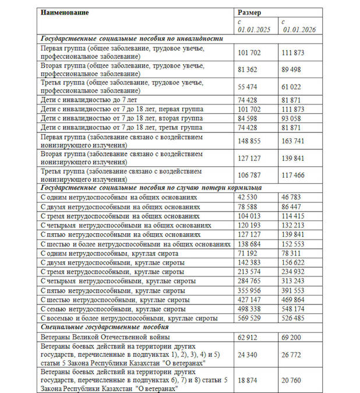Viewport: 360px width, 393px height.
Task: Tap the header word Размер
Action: pos(250,12)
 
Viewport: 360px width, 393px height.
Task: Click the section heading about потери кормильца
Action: pos(150,188)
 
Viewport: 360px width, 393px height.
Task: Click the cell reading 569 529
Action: pos(250,318)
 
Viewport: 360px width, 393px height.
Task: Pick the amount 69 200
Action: pos(293,337)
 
